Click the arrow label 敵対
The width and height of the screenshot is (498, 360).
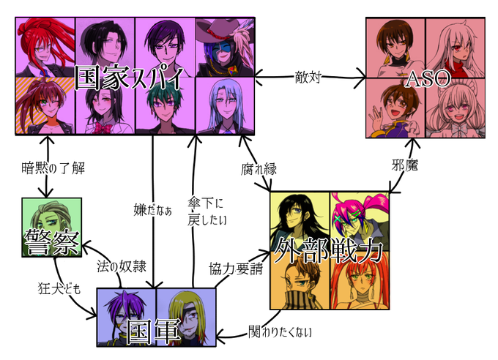(308, 77)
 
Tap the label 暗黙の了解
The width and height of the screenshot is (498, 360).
(53, 168)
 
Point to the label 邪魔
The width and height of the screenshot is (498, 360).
(404, 165)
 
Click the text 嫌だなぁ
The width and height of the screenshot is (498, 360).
(153, 210)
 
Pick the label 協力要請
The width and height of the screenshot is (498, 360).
(236, 269)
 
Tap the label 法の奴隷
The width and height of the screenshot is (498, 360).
(122, 266)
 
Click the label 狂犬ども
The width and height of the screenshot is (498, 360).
(59, 288)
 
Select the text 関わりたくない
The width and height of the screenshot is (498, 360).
(280, 331)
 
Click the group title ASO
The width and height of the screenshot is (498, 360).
(428, 79)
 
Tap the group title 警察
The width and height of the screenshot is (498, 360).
(52, 242)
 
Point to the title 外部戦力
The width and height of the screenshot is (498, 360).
(328, 250)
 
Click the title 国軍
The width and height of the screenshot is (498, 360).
(153, 331)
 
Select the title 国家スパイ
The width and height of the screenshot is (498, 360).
(130, 78)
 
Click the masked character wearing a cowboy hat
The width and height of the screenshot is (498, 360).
(225, 47)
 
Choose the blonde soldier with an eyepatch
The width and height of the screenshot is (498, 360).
(186, 318)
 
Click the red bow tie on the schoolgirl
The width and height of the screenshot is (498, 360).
(103, 129)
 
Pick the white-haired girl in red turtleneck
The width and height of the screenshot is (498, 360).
(455, 48)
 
